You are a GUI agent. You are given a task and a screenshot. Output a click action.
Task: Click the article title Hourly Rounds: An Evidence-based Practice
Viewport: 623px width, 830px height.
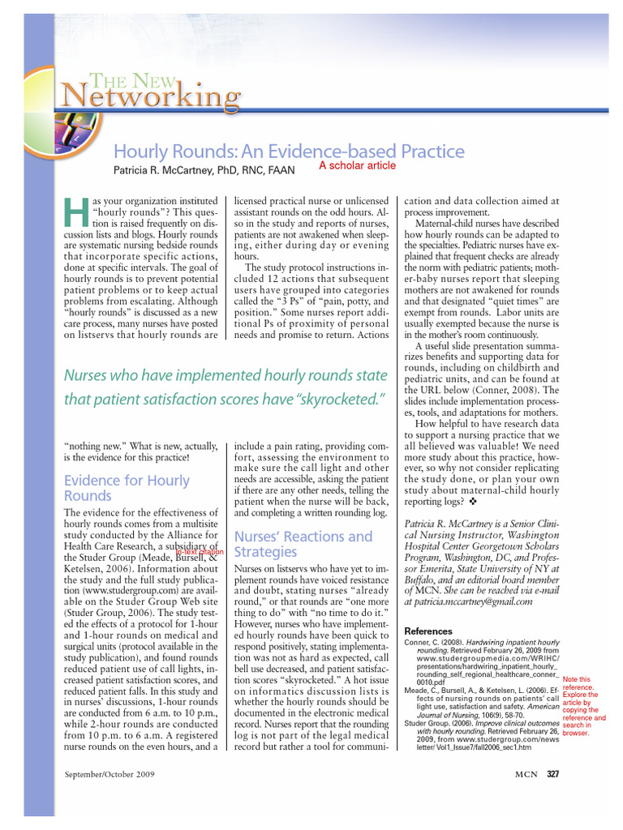pos(288,152)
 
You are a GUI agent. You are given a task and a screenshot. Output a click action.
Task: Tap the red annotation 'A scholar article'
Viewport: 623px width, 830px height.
pos(357,165)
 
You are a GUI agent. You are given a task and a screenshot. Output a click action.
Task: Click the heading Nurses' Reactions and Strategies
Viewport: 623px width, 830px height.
pos(303,544)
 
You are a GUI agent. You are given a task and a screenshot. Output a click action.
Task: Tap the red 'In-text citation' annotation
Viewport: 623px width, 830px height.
pos(200,552)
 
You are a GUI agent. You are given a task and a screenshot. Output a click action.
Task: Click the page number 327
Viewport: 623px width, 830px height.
pos(552,776)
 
